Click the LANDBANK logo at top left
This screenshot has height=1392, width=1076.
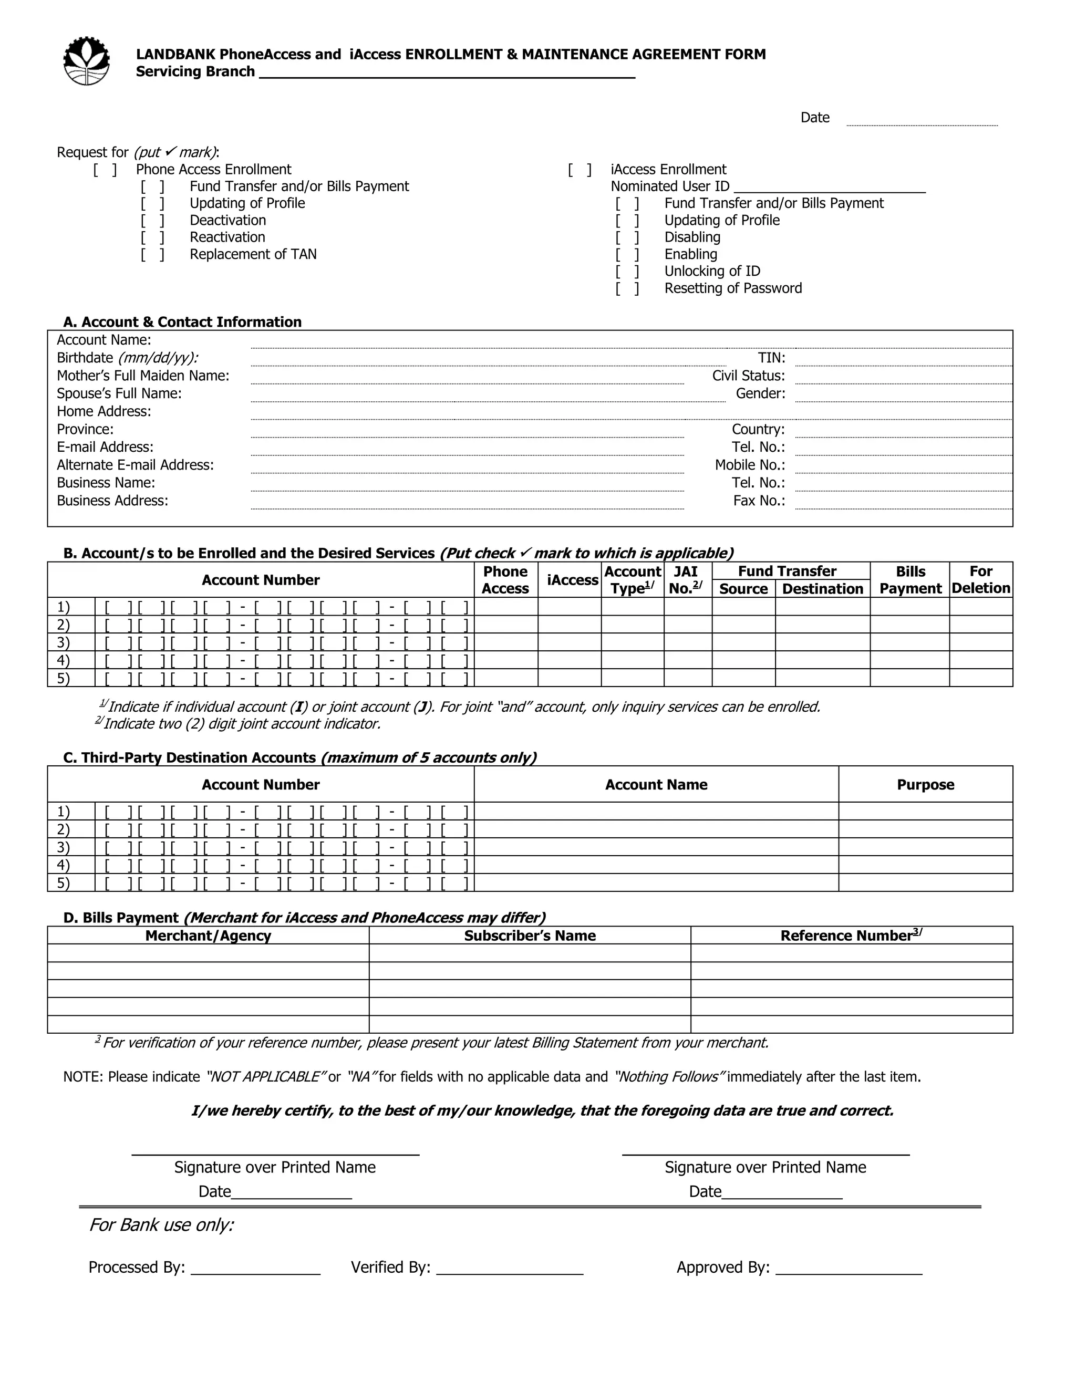(x=87, y=61)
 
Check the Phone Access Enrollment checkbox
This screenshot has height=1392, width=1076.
(x=105, y=170)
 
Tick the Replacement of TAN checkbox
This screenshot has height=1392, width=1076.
(x=153, y=254)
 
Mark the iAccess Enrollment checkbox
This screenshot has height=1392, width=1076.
(x=580, y=170)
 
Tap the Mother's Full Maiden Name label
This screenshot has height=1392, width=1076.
(x=143, y=376)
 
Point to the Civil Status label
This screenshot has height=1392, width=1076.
(x=748, y=376)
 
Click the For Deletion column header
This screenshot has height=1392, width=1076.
(x=980, y=579)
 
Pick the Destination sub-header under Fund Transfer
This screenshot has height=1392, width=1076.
(x=822, y=589)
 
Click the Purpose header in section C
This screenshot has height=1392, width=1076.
(x=925, y=785)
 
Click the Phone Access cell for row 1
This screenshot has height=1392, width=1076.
(x=505, y=607)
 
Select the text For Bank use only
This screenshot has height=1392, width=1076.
(x=161, y=1225)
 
